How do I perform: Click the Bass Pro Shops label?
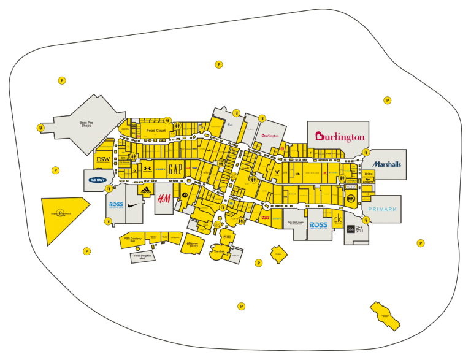[90, 124]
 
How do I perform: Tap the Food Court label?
[156, 131]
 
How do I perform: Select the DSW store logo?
[102, 159]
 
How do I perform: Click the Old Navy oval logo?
[98, 180]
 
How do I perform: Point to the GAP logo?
[175, 167]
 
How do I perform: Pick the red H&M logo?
[163, 199]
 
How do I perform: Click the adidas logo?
[145, 191]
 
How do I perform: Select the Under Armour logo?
[147, 167]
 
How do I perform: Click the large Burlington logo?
[339, 137]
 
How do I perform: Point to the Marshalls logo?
[386, 164]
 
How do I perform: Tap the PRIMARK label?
[383, 209]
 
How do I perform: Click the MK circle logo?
[351, 199]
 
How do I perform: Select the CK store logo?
[337, 220]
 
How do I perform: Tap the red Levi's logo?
[265, 216]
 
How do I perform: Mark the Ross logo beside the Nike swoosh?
[116, 205]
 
